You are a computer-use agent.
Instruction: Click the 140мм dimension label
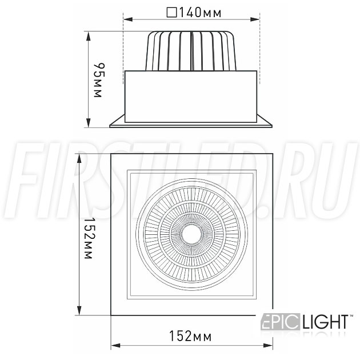point(200,13)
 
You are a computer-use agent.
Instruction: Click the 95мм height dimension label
point(99,80)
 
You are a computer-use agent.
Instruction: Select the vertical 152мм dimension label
point(88,238)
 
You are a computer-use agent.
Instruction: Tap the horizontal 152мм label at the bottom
point(190,336)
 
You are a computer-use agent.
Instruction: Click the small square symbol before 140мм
point(172,13)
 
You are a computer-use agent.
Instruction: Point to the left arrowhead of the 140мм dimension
point(128,19)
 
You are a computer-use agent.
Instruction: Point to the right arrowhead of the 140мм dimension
point(255,19)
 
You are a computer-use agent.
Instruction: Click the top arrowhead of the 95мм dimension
point(89,36)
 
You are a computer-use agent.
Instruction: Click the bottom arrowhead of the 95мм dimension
point(89,123)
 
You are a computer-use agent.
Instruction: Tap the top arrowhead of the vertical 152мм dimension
point(79,159)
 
